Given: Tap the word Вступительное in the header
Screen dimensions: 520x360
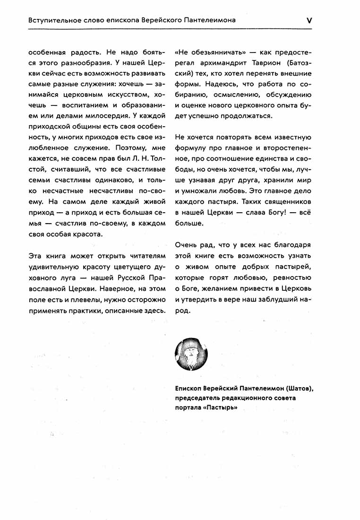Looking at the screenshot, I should [53, 21].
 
